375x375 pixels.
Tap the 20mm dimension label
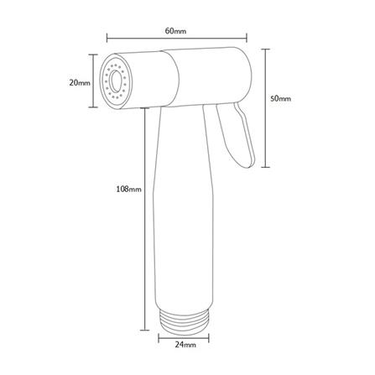(78, 82)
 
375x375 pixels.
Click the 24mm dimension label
(185, 344)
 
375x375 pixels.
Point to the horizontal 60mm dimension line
(176, 37)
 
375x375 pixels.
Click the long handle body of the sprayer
(185, 218)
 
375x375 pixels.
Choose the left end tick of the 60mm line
(108, 37)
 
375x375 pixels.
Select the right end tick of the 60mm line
(247, 37)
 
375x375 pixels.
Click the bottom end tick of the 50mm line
(265, 165)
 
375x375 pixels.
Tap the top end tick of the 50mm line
(265, 48)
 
